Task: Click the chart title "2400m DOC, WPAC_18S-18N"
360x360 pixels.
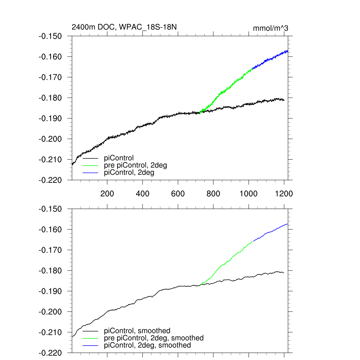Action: coord(127,27)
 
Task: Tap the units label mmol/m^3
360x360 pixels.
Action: coord(271,28)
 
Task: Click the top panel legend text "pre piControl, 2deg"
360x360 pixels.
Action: coord(135,165)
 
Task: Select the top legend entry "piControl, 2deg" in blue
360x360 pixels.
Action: coord(129,173)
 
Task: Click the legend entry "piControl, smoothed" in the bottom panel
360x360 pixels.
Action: coord(137,331)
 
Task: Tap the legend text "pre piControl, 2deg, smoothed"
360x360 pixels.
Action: coord(154,338)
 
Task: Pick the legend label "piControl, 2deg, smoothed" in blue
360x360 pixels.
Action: coord(148,346)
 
